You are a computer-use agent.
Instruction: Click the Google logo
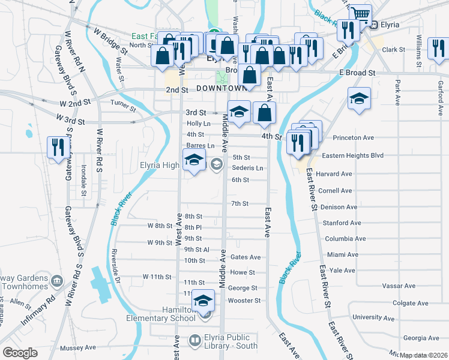[x=20, y=353]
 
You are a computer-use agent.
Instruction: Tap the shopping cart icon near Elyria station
[x=360, y=14]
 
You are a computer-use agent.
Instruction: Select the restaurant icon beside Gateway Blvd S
[x=58, y=147]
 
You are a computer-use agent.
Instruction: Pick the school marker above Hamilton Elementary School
[x=203, y=300]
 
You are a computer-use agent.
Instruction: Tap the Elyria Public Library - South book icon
[x=194, y=341]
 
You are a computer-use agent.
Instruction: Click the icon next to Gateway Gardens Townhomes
[x=57, y=280]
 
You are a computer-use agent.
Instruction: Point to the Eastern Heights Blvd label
[x=352, y=155]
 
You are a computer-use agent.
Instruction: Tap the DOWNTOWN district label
[x=221, y=88]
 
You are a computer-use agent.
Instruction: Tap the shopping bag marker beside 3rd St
[x=264, y=112]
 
